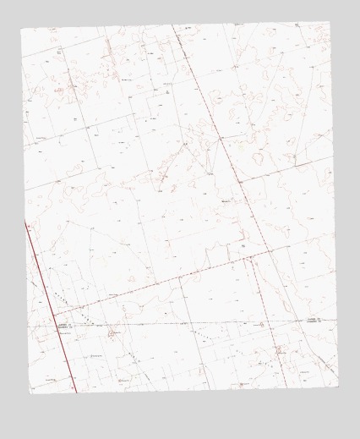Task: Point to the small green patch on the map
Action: coord(239,144)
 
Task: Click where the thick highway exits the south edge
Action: coord(75,392)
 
